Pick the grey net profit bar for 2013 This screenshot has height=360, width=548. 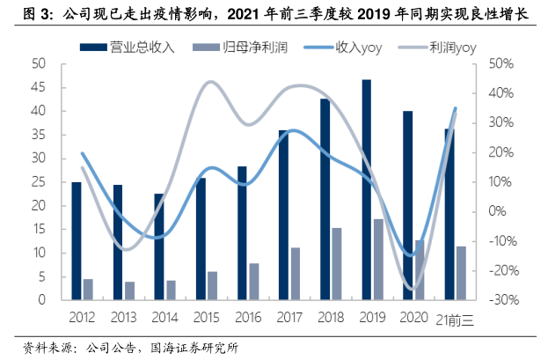click(x=129, y=290)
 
